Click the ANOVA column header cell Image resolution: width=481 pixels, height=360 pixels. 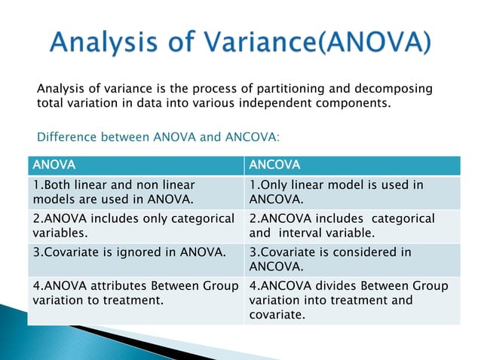pos(136,165)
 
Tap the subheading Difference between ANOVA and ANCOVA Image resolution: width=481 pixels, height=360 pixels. pos(158,137)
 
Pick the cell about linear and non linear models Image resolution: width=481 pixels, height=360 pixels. pos(136,192)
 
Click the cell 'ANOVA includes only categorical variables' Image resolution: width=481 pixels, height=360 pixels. pos(136,225)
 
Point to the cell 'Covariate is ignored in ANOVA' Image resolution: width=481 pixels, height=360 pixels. pos(136,252)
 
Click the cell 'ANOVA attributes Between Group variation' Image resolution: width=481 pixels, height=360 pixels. pos(136,292)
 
